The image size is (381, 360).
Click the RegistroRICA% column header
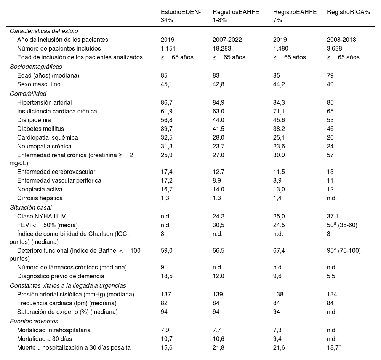pyautogui.click(x=348, y=12)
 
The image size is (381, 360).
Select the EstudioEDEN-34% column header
pyautogui.click(x=181, y=16)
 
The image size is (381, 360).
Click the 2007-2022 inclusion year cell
pyautogui.click(x=227, y=40)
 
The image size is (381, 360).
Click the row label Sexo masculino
pyautogui.click(x=38, y=84)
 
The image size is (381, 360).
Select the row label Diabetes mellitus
pyautogui.click(x=40, y=129)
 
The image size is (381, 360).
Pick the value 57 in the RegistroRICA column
pyautogui.click(x=330, y=155)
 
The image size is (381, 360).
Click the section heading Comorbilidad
pyautogui.click(x=28, y=93)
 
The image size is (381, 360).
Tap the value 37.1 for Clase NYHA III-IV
pyautogui.click(x=333, y=216)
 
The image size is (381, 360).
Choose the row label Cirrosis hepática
pyautogui.click(x=40, y=198)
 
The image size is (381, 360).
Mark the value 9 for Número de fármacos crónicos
pyautogui.click(x=162, y=267)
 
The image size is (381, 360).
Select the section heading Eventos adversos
pyautogui.click(x=31, y=321)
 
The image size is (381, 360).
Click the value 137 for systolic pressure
pyautogui.click(x=166, y=294)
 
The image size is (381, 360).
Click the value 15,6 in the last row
pyautogui.click(x=167, y=347)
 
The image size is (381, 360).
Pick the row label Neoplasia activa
pyautogui.click(x=40, y=189)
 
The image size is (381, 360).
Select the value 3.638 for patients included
pyautogui.click(x=334, y=48)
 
